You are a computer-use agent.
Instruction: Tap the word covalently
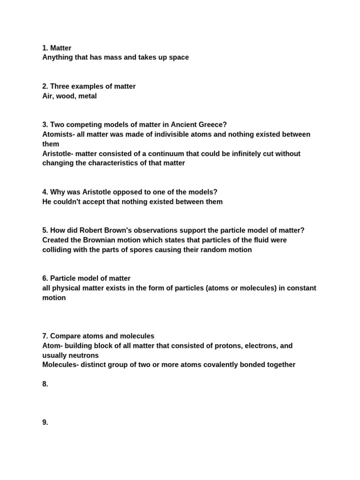(223, 365)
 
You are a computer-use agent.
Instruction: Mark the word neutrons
(82, 355)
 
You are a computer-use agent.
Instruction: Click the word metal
(88, 96)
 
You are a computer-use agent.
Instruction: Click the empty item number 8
(45, 384)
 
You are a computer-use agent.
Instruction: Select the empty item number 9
(45, 422)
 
